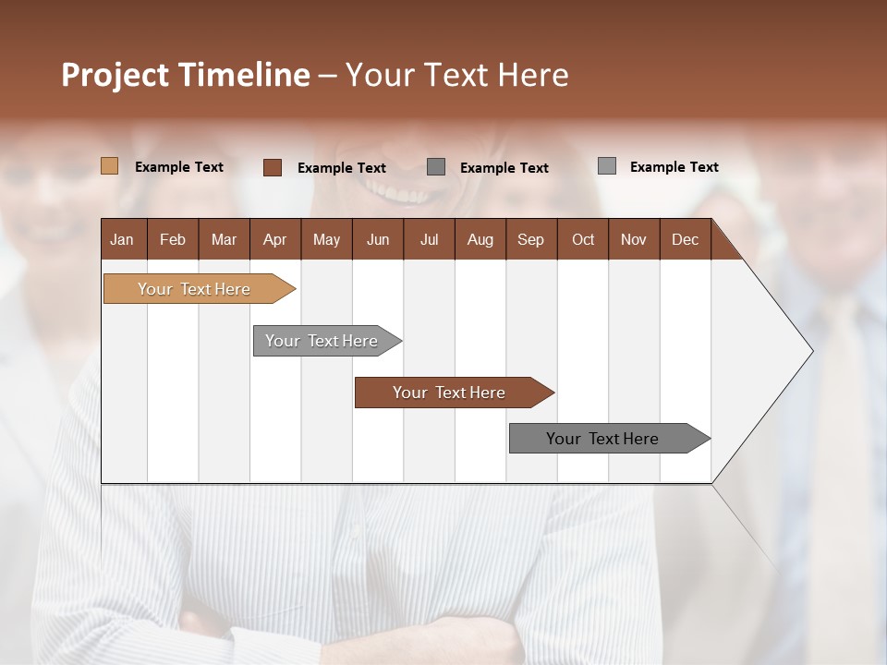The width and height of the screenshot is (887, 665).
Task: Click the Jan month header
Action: point(122,239)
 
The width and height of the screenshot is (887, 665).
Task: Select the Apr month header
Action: point(275,239)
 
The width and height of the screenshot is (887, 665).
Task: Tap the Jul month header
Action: point(429,239)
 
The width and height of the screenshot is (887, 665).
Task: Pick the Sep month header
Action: point(530,239)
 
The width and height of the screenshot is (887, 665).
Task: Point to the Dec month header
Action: point(685,239)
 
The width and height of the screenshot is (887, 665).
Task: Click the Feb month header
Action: point(173,239)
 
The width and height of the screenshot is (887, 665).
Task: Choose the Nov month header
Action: point(633,239)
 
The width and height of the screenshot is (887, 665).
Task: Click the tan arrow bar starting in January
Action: point(194,289)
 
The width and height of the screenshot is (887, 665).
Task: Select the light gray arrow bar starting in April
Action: point(322,341)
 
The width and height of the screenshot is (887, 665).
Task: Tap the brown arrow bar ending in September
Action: point(449,393)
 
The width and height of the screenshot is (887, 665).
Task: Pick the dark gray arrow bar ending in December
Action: point(602,439)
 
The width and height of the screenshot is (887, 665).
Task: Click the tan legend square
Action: point(109,166)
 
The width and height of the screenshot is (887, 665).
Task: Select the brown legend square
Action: point(272,167)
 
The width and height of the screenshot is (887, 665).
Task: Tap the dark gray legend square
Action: point(436,167)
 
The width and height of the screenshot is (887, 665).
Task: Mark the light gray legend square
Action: point(606,166)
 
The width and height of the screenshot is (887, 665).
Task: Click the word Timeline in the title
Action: point(243,75)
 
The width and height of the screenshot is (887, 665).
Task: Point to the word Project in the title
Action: point(115,76)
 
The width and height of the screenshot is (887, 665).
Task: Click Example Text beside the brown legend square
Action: point(341,168)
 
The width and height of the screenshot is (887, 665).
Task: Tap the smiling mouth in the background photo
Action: point(400,194)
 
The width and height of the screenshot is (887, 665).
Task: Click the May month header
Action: point(326,239)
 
